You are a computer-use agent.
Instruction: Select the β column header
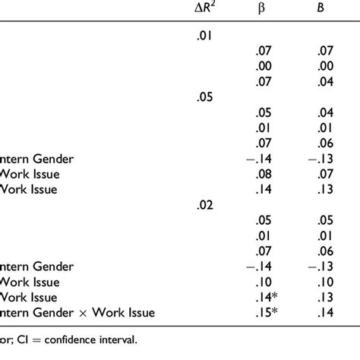click(263, 9)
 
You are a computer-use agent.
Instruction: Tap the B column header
click(326, 9)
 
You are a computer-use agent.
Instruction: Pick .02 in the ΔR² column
click(203, 203)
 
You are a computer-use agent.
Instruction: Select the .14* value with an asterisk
click(266, 297)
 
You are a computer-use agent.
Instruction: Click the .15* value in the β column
click(266, 311)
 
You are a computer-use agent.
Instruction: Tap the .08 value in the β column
click(263, 174)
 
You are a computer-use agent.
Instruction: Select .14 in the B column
click(326, 311)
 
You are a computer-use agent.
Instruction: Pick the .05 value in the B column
click(326, 218)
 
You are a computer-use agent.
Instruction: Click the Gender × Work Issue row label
click(77, 311)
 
